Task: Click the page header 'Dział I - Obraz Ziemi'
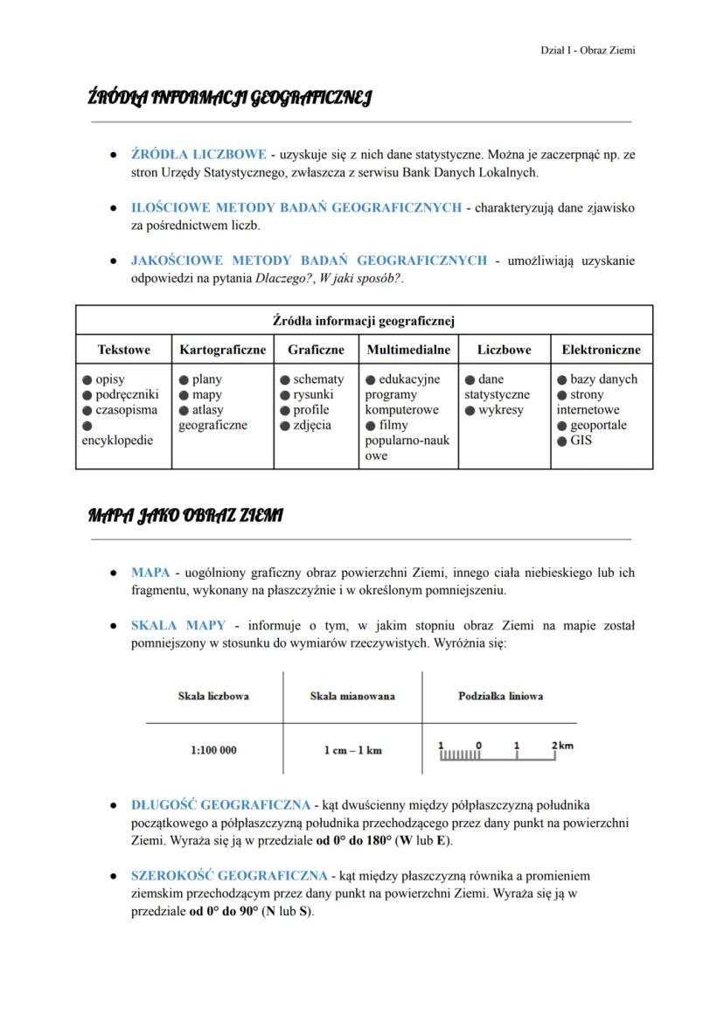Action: coord(588,50)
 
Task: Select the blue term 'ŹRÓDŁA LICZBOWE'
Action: coord(198,155)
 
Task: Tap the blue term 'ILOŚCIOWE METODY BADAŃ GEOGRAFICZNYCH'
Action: coord(296,208)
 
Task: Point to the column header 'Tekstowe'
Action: coord(123,350)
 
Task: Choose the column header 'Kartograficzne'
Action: coord(222,350)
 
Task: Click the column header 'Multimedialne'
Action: coord(408,350)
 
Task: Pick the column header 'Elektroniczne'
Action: coord(601,350)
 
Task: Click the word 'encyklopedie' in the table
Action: coord(117,441)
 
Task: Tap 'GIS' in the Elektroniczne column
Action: coord(581,441)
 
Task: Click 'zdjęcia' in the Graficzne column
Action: coord(312,426)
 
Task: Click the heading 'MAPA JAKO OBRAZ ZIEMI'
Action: coord(185,516)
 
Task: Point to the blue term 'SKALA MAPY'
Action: coord(178,626)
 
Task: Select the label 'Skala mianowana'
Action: coord(352,696)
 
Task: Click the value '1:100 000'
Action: coord(213,750)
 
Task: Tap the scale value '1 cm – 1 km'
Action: coord(352,750)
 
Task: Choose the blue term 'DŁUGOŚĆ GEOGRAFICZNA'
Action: coord(220,804)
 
